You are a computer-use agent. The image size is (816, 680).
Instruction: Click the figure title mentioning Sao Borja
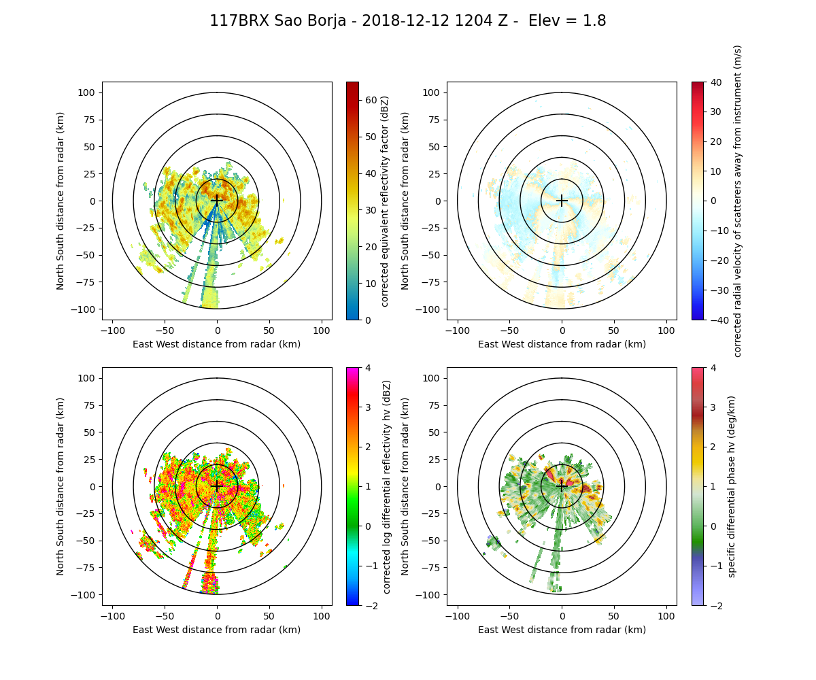[x=407, y=21]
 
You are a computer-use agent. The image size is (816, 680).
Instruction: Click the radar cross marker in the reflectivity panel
[x=217, y=201]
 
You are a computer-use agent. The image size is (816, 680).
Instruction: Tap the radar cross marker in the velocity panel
[x=562, y=201]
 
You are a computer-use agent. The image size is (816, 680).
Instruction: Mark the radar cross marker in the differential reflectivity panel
[x=217, y=486]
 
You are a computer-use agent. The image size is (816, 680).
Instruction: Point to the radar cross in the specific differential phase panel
[x=562, y=486]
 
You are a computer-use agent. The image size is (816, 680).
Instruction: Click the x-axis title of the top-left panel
[x=217, y=344]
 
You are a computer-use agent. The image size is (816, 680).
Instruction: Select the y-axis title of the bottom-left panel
[x=61, y=486]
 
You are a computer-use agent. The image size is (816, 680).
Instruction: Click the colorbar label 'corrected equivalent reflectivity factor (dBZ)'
[x=384, y=201]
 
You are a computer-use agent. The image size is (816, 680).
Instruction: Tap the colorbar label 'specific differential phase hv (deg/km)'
[x=732, y=486]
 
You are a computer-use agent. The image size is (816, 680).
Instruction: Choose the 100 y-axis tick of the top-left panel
[x=89, y=92]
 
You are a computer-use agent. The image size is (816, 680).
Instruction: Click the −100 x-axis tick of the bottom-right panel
[x=458, y=617]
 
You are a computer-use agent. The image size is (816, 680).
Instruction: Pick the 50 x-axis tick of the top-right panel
[x=614, y=331]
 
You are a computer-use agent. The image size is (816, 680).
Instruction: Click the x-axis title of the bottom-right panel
[x=562, y=630]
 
